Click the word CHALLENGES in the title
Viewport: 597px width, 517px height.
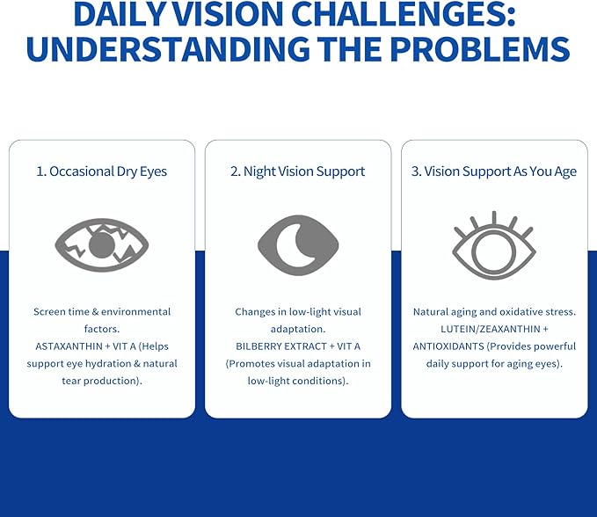(404, 14)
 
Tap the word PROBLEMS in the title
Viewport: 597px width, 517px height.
(480, 49)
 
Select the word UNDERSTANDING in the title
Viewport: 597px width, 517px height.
(168, 49)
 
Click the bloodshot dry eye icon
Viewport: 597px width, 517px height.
(102, 244)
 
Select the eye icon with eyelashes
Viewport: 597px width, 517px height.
(494, 245)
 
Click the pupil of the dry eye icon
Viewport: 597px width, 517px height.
(102, 245)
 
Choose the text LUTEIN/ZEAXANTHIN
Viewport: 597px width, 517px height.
(491, 329)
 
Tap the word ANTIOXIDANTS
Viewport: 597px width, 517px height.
(448, 346)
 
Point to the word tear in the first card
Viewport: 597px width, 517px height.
(71, 381)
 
